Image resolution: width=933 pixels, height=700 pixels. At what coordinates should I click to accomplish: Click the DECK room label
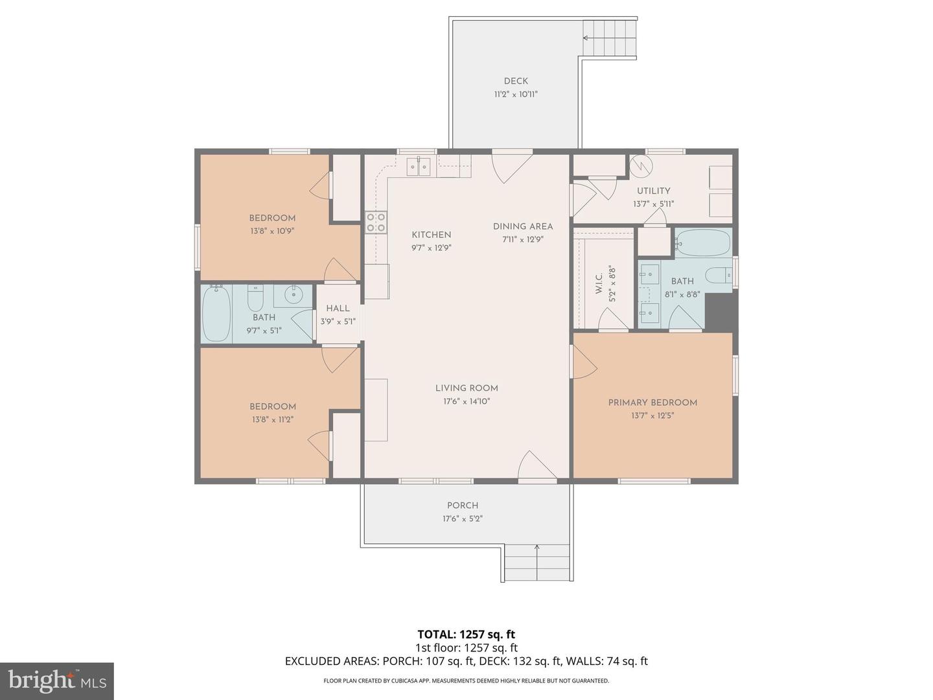click(x=516, y=81)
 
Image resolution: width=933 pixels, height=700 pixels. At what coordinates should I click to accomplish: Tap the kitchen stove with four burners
click(x=376, y=222)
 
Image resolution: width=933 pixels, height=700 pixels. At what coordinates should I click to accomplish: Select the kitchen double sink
click(x=419, y=167)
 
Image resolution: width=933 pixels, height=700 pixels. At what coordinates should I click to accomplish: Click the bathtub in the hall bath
click(x=216, y=314)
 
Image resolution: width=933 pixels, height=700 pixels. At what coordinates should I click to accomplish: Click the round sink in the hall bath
click(x=294, y=296)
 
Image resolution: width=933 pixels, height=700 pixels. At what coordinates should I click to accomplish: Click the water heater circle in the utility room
click(x=641, y=166)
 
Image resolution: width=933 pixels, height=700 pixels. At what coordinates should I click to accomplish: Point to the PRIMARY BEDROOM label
click(x=652, y=402)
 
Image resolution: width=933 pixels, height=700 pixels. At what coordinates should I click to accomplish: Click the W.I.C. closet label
click(x=599, y=284)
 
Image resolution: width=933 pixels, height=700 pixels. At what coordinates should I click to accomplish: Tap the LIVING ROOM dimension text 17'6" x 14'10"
click(x=466, y=401)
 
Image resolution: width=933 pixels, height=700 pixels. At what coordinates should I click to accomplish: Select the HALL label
click(x=338, y=309)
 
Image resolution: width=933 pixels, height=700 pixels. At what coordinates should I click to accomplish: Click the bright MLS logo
click(x=57, y=681)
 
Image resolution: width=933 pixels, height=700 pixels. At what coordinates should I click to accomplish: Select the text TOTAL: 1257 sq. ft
click(x=466, y=635)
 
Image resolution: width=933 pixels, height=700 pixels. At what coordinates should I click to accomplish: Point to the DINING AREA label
click(x=523, y=226)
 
